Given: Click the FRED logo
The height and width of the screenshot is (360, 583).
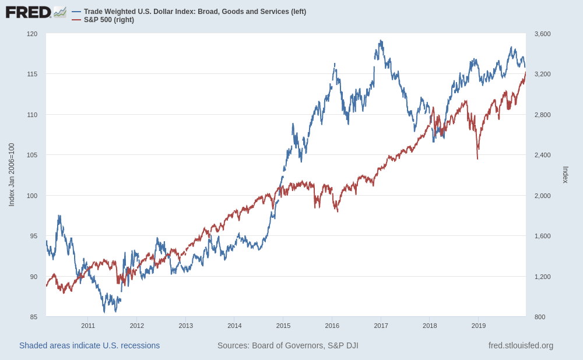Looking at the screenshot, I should pos(29,12).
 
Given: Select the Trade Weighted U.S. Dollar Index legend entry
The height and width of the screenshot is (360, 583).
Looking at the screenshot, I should pos(195,12).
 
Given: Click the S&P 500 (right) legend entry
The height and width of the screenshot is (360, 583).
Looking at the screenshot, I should pos(108,20).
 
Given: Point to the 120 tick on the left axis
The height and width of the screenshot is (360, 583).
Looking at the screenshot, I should pos(32,34).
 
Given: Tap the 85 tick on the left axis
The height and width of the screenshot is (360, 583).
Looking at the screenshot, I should pos(34,317).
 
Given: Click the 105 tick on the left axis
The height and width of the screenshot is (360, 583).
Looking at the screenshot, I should pos(32,155).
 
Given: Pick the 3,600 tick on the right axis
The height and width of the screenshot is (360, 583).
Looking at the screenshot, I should pos(542,34).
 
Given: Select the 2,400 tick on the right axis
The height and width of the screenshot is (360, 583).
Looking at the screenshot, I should pos(542,155).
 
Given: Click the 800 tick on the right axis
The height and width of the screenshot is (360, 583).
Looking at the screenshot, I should pos(540,317).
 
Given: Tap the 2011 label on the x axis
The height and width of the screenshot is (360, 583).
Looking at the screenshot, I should pos(88,326).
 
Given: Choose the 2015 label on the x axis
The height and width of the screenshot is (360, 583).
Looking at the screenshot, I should pos(283,326).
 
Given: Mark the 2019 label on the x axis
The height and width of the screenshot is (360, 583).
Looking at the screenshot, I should pos(479,326).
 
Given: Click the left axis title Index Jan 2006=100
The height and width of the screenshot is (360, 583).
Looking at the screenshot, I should pos(12,175).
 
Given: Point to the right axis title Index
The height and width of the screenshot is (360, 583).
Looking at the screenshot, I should pos(565,175).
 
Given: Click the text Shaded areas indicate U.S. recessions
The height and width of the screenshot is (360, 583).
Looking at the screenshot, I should pos(89,345).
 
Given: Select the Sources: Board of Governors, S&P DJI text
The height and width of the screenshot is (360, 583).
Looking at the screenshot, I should pos(288,345).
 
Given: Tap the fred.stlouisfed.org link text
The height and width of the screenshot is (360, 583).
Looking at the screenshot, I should pos(521,345).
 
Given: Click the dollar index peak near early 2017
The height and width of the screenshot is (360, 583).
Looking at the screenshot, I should pos(381,41).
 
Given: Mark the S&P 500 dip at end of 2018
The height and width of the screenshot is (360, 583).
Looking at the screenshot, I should pos(477,158).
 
